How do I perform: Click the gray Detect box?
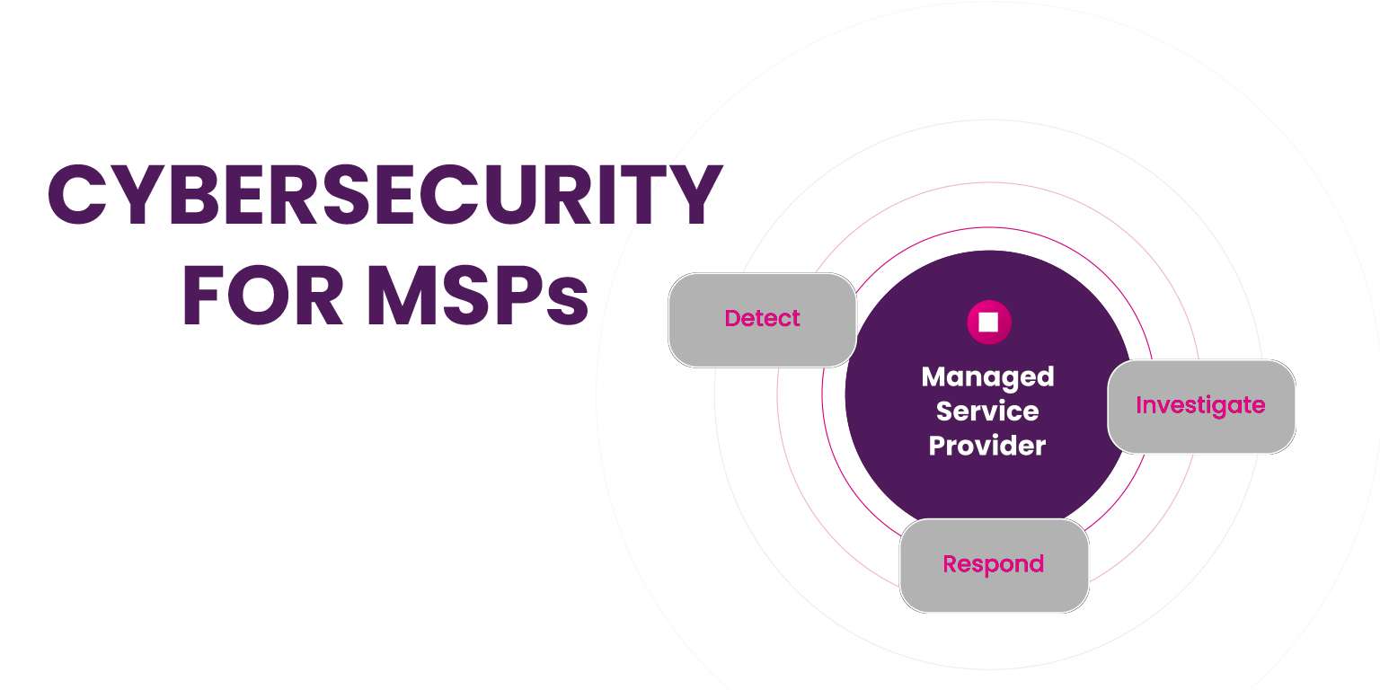(762, 320)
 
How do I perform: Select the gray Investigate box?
(1200, 406)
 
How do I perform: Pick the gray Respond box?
(993, 565)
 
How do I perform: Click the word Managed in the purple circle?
(987, 376)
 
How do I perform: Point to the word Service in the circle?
(987, 411)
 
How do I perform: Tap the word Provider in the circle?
(987, 445)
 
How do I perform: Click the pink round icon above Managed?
(989, 322)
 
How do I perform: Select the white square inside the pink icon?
(989, 322)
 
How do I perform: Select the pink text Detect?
(762, 318)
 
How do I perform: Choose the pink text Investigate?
(1200, 405)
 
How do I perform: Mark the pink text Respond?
(993, 565)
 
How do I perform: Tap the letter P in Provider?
(937, 445)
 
